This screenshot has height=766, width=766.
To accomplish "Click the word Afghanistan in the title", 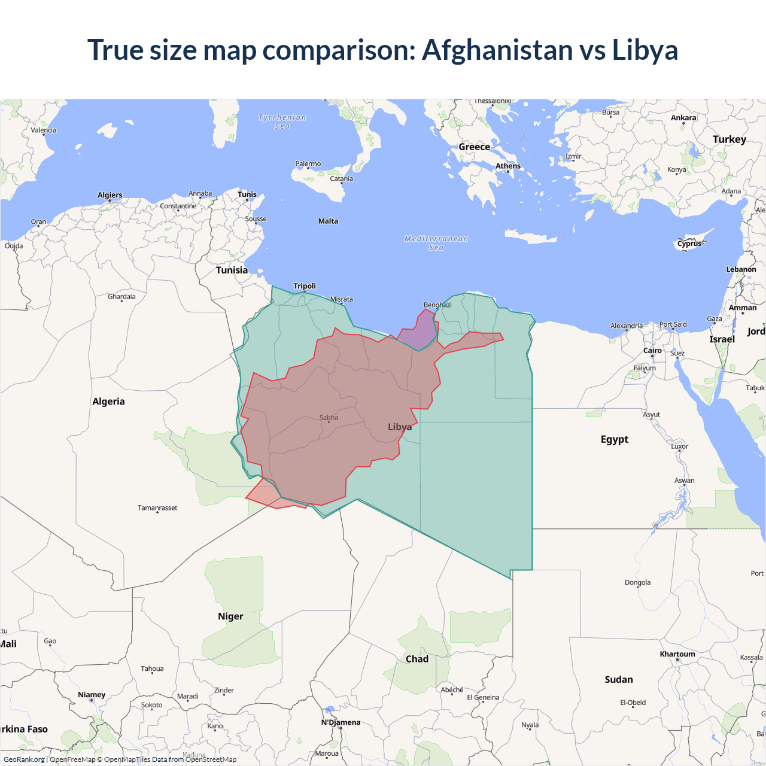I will tap(497, 50).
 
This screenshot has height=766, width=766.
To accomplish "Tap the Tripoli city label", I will tap(305, 286).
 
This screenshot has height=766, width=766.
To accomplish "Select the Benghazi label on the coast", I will tap(437, 305).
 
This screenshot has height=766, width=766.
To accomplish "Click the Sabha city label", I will tap(329, 418).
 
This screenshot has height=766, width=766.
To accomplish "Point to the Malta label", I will tap(328, 221).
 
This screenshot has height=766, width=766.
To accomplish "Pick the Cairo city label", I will tap(652, 351).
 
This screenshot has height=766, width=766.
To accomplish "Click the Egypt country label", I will tap(615, 439).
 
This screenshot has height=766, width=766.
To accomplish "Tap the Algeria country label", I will tap(108, 402).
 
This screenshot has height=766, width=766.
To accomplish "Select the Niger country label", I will tap(230, 616).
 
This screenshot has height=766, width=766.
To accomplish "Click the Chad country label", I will tap(417, 659).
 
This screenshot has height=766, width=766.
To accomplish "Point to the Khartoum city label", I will tap(677, 654).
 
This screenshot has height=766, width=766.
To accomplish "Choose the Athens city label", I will tap(508, 166).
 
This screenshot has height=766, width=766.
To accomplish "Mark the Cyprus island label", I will tap(689, 244).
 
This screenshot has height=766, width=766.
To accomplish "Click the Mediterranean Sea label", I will tap(436, 243).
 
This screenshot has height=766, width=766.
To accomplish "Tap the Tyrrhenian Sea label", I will tap(282, 121).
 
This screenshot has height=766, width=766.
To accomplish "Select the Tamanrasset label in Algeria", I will tap(157, 508).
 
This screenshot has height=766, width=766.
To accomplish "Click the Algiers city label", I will tap(110, 195).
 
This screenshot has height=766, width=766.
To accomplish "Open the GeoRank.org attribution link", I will tap(24, 759).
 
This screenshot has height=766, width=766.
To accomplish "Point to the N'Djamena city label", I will tap(341, 722).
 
